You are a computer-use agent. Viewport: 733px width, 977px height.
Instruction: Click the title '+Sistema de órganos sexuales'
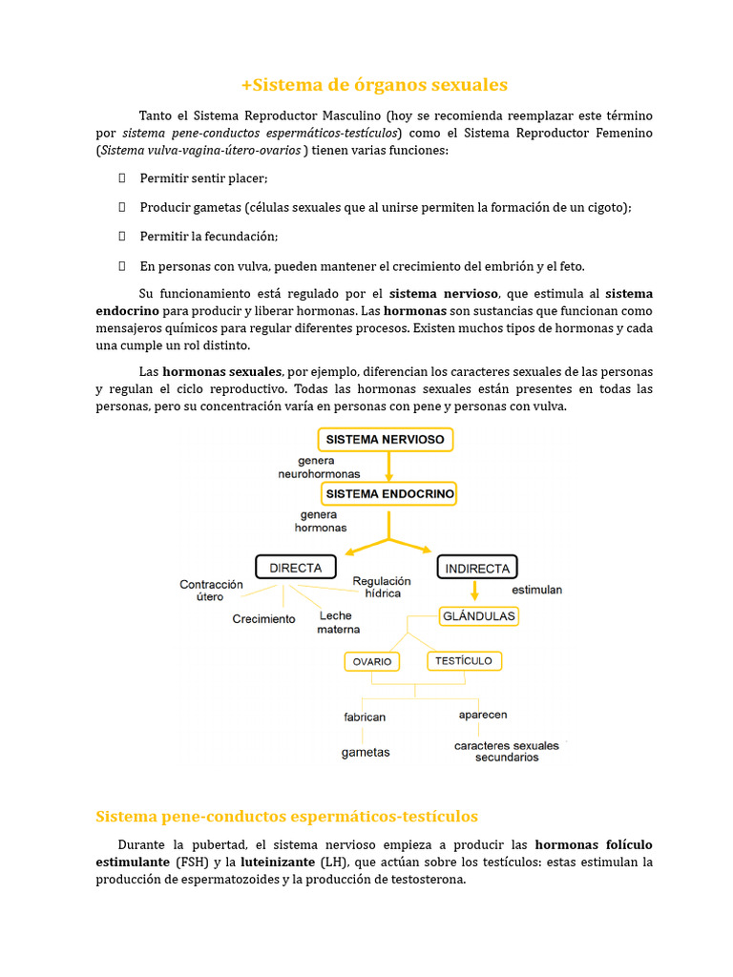coord(374,85)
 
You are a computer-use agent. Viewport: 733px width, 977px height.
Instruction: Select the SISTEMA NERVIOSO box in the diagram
coord(385,440)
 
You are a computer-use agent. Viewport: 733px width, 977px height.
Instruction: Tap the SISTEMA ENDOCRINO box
coord(390,494)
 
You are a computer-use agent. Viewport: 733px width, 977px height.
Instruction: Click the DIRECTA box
coord(295,567)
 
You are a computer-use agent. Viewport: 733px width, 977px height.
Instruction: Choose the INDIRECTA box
coord(477,568)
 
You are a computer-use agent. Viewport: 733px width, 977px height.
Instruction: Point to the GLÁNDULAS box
coord(478,616)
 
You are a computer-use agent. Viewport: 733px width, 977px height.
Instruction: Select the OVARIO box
coord(372,662)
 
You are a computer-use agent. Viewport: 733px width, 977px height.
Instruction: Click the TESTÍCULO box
coord(464,660)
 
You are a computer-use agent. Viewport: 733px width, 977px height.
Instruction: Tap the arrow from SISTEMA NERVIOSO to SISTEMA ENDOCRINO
coord(388,467)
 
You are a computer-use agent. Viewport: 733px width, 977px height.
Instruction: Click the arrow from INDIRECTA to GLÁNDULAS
coord(474,592)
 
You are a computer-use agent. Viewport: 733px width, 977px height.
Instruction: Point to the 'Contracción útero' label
coord(211,591)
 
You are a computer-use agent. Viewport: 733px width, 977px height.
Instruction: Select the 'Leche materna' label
coord(339,623)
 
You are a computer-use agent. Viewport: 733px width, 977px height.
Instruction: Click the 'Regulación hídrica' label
coord(382,587)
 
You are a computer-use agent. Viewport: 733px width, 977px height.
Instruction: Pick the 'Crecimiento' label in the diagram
coord(263,619)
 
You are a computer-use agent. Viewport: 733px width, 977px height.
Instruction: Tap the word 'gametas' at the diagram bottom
coord(366,752)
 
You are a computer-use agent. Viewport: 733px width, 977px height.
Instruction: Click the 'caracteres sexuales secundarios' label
coord(507,751)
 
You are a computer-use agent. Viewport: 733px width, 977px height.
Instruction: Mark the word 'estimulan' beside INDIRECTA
coord(536,590)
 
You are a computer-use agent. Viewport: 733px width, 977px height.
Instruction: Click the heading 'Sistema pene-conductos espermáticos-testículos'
coord(286,817)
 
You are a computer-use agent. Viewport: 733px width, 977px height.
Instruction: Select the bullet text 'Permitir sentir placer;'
coord(203,178)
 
